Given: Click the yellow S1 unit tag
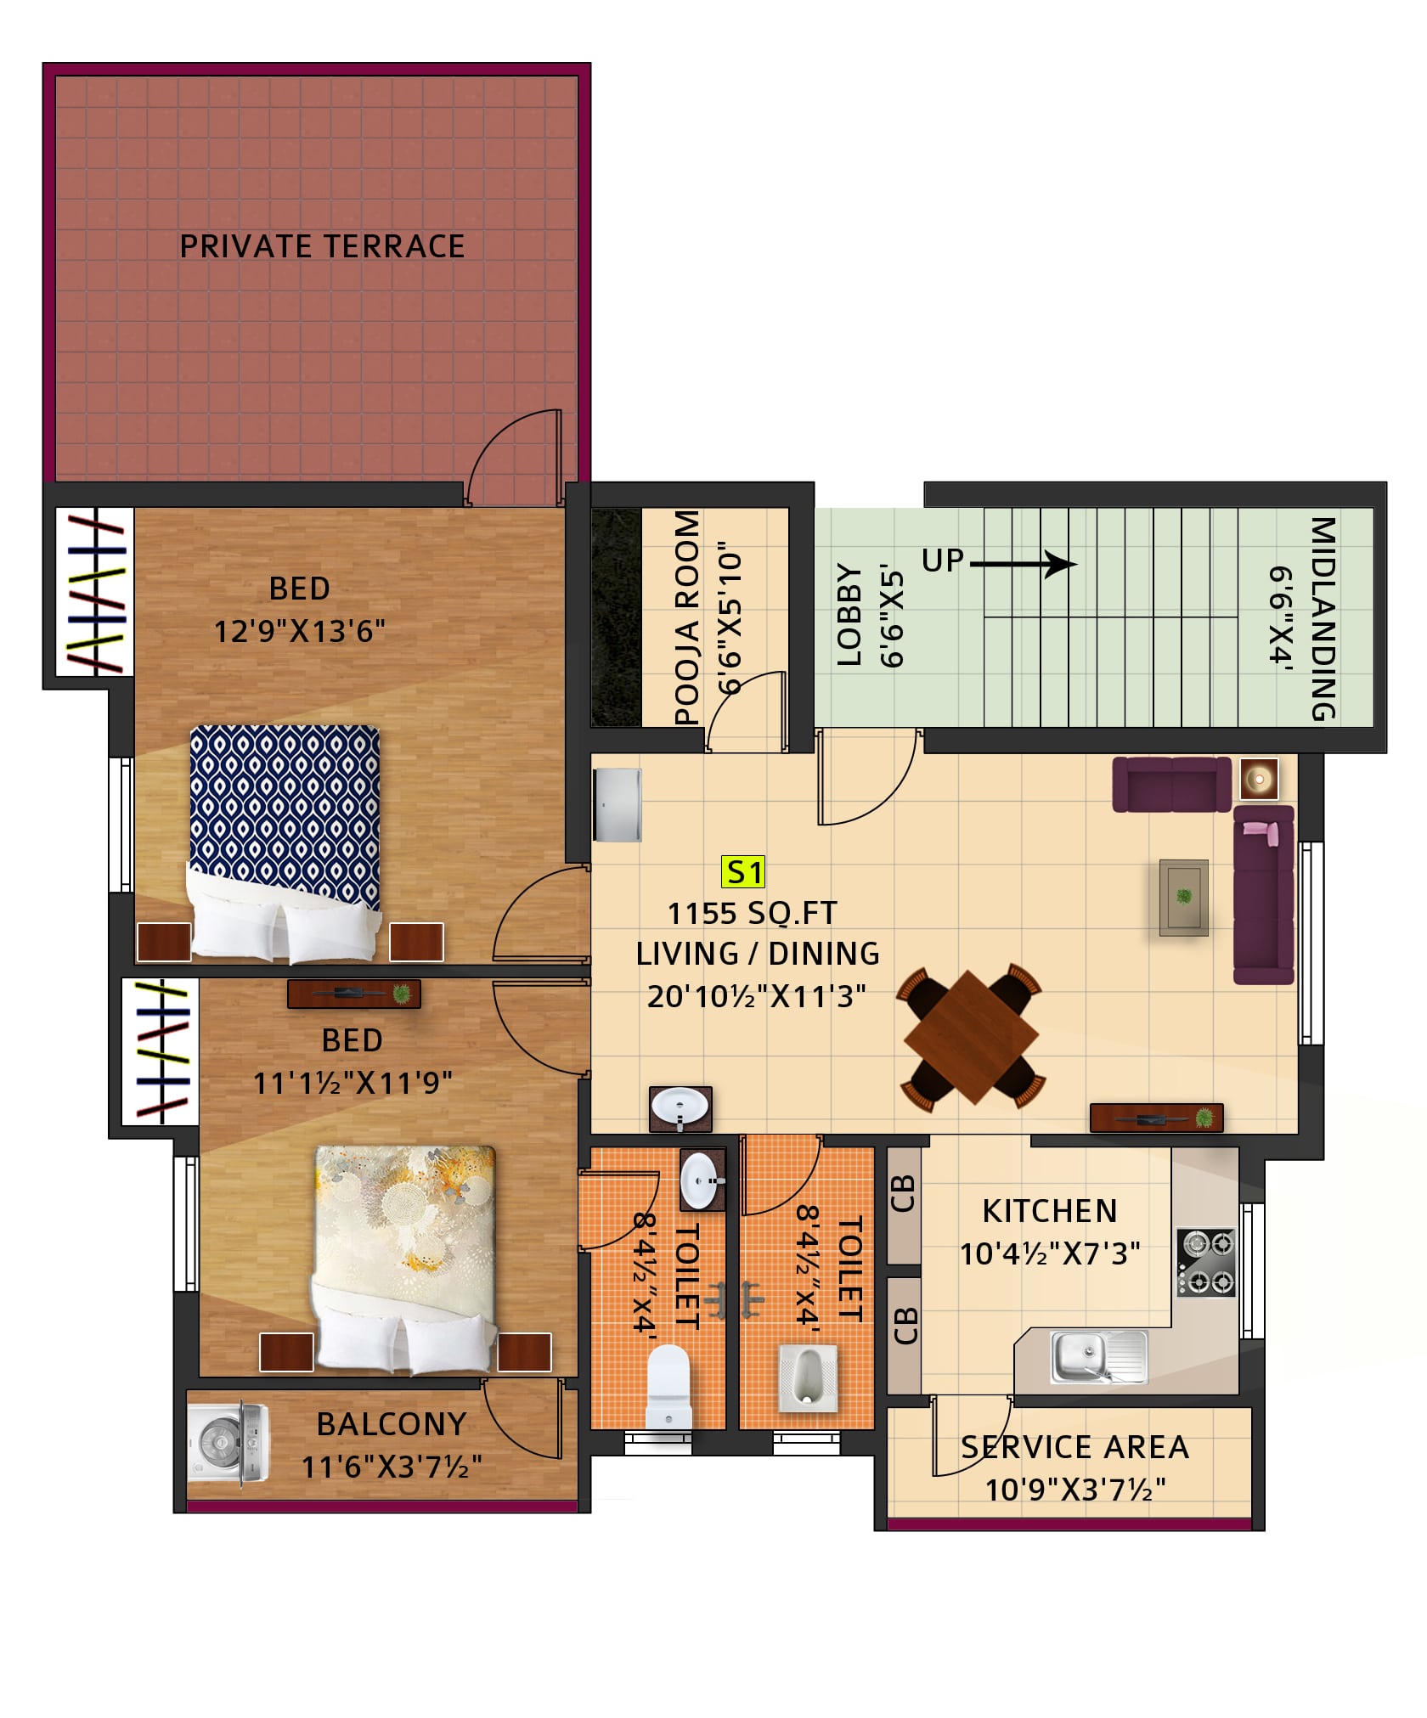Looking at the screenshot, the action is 743,871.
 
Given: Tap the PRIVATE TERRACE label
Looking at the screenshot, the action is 322,246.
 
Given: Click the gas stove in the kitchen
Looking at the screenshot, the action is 1206,1262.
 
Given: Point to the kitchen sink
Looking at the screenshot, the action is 1099,1356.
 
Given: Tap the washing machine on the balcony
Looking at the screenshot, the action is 228,1443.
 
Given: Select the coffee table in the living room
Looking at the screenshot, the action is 1184,897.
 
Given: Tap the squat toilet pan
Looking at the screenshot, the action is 808,1377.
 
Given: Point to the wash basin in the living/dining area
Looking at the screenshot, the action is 680,1108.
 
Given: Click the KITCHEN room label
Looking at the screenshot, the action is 1050,1212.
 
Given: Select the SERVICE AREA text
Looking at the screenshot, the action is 1074,1448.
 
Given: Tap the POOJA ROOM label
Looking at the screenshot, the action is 687,617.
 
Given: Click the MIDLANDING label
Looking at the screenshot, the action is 1323,618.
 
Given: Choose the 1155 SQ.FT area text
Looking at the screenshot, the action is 752,914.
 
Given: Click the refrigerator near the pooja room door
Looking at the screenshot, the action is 618,805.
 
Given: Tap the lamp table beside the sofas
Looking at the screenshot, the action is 1259,779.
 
